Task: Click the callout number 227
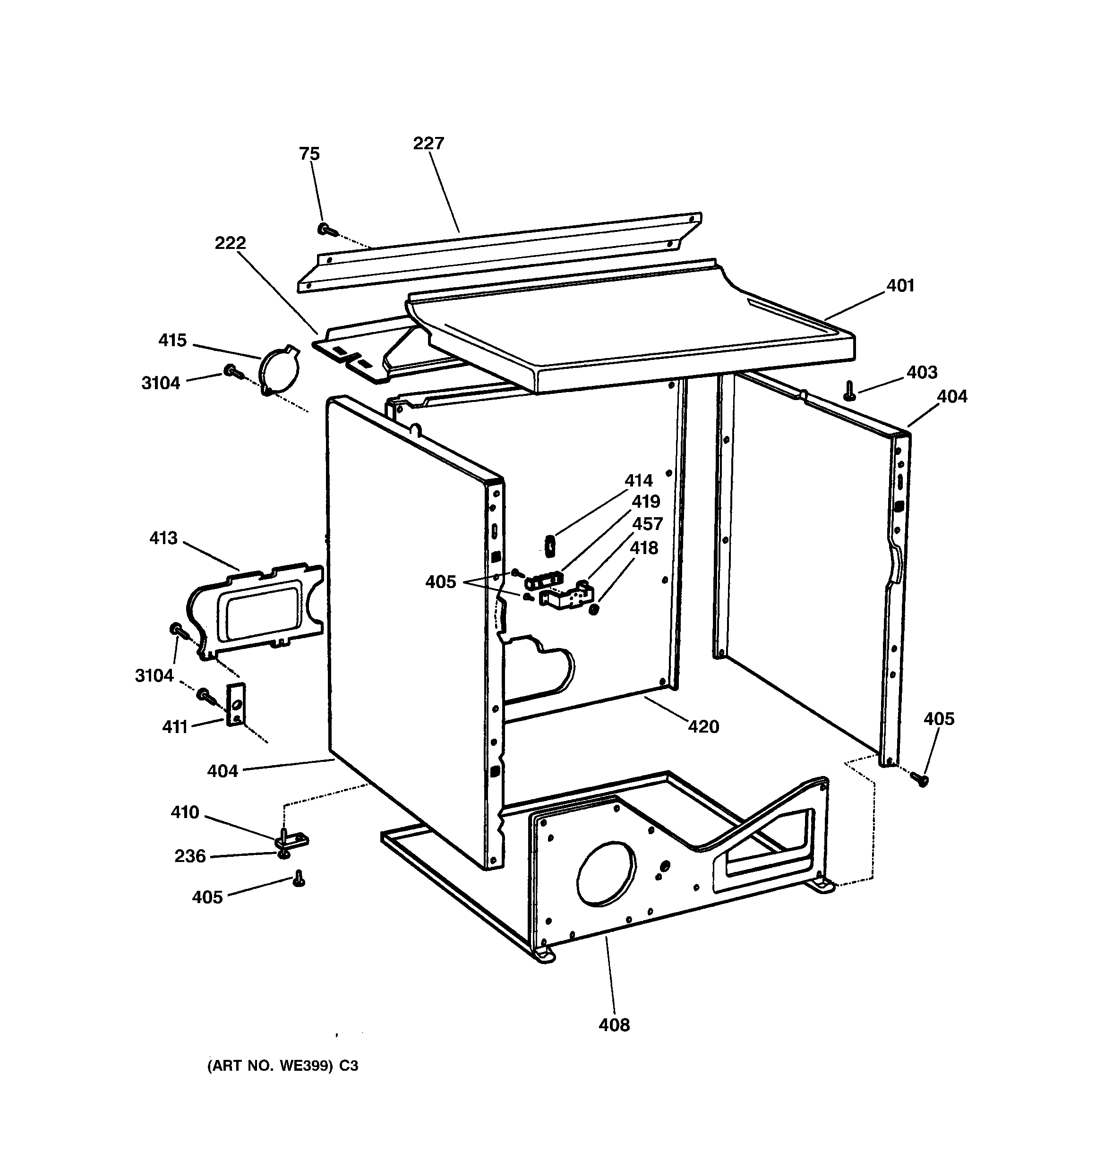click(x=428, y=144)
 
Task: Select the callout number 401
click(x=900, y=286)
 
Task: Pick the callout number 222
click(x=230, y=243)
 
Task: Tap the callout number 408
click(x=614, y=1025)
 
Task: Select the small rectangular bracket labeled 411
click(x=236, y=704)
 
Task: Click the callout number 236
click(x=190, y=856)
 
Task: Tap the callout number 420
click(x=703, y=727)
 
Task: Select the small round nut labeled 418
click(x=594, y=610)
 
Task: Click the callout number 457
click(x=647, y=523)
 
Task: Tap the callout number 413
click(x=163, y=538)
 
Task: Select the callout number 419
click(x=645, y=502)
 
